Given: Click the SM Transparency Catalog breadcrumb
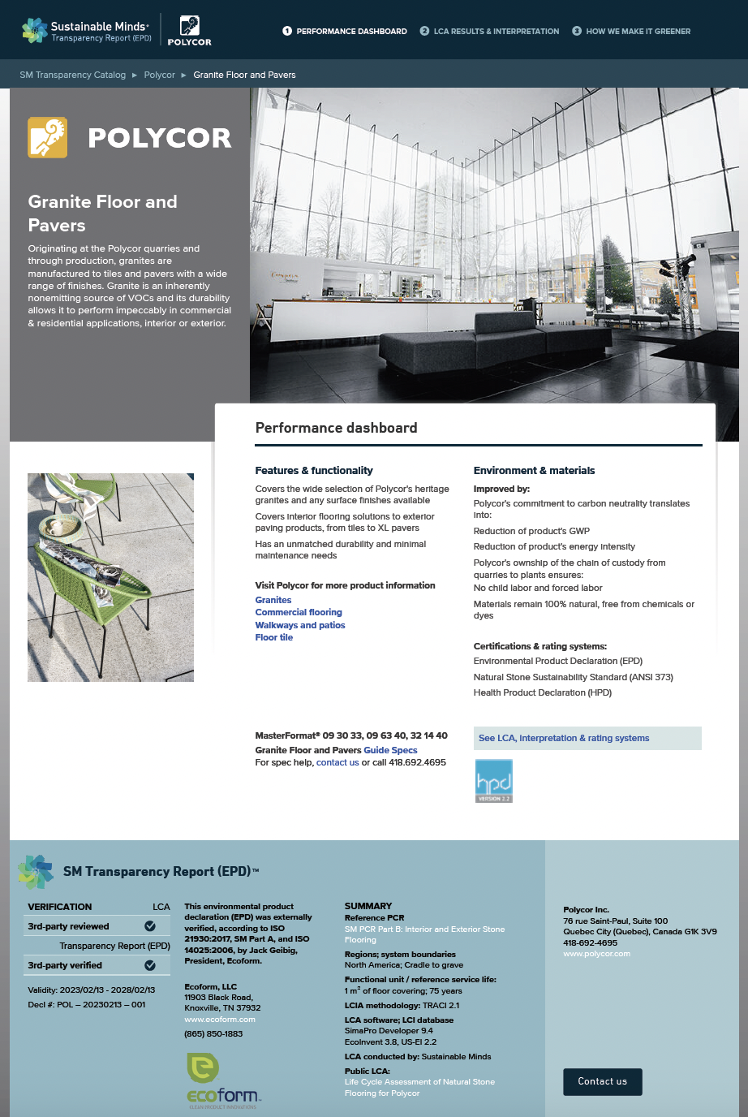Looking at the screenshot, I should point(73,75).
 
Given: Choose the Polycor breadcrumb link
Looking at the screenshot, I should point(160,75).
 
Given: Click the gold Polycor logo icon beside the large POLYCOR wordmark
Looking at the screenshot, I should point(48,137).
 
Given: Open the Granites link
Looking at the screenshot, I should point(273,600).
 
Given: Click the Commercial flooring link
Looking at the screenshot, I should point(299,612).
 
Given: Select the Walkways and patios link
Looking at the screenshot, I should point(300,625).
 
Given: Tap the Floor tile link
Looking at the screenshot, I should point(274,637).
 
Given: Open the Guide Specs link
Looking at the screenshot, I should point(390,750).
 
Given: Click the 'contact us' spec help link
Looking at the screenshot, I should point(337,762).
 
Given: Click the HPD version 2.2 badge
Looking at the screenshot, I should point(493,781).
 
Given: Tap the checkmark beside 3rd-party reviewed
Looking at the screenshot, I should point(150,926).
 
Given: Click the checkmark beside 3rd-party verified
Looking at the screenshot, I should point(150,965).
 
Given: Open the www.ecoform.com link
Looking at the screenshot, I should point(220,1020).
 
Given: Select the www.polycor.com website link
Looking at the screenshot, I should point(596,954).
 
